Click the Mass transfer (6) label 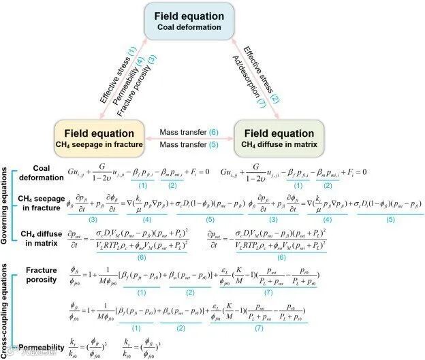pos(193,131)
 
